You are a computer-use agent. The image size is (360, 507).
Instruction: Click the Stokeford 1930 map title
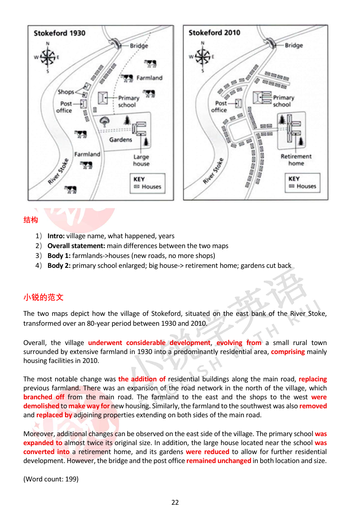point(59,33)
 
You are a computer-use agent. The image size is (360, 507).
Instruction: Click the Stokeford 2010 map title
point(214,33)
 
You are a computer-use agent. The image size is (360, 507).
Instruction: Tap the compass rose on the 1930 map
point(48,57)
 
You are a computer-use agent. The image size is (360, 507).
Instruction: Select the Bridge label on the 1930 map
point(139,46)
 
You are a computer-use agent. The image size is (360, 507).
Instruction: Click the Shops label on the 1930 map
point(65,92)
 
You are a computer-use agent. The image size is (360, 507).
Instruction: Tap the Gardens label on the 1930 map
point(121,140)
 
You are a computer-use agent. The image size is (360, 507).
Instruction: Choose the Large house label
point(141,160)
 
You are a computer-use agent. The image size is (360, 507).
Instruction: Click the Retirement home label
point(296,160)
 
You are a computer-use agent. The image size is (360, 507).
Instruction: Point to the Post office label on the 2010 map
point(219,106)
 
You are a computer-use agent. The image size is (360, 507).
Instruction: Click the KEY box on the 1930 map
point(147,183)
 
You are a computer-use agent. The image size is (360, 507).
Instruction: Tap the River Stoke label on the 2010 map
point(213,171)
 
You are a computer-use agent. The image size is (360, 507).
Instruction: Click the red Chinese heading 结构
point(30,220)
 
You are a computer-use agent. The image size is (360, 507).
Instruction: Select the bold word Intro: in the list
point(56,236)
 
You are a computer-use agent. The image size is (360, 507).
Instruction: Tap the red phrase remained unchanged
point(218,461)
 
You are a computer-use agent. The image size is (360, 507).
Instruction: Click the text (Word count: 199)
point(51,479)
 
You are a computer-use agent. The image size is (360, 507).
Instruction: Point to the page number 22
point(175,502)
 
